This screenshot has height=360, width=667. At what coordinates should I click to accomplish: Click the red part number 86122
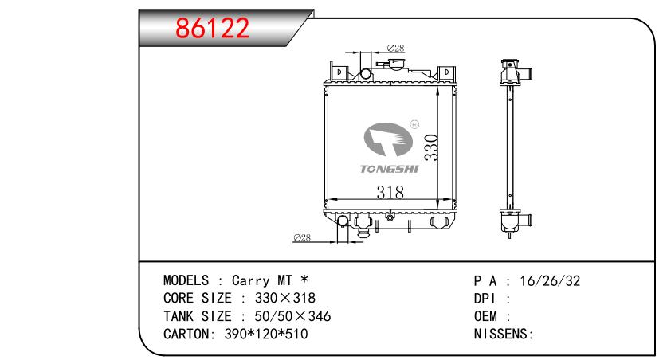212,29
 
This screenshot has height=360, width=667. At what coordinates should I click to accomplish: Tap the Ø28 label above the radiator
395,48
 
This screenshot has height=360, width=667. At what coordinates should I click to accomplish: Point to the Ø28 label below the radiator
302,237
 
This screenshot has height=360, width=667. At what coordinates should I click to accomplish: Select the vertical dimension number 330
431,147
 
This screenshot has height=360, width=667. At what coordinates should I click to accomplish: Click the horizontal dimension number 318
390,193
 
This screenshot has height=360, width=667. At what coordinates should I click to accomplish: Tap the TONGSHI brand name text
389,169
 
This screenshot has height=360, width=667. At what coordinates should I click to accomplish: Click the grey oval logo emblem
388,139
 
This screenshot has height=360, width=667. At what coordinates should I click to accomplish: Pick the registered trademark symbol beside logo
414,124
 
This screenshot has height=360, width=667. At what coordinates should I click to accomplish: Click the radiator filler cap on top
394,65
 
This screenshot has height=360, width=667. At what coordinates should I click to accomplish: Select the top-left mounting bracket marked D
339,72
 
